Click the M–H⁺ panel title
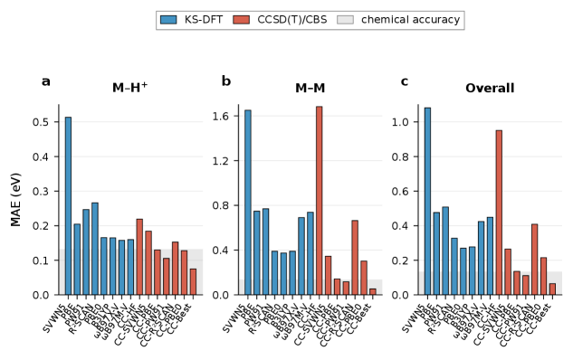(130, 89)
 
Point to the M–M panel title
(310, 89)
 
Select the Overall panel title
(490, 89)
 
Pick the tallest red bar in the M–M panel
(320, 200)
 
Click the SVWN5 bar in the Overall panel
(427, 201)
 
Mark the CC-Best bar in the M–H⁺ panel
(193, 281)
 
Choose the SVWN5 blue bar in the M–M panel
(248, 203)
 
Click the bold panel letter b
(226, 81)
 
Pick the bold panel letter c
(405, 81)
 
